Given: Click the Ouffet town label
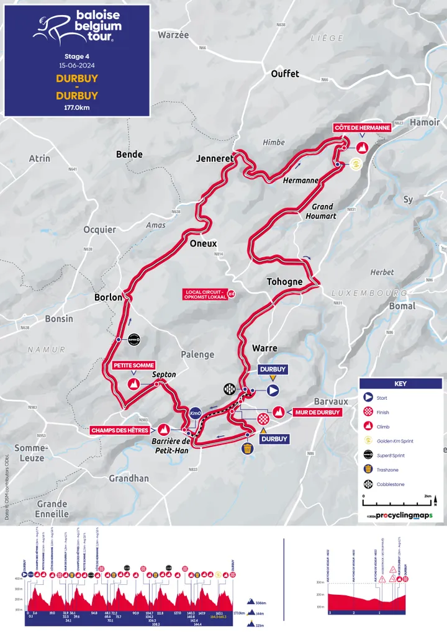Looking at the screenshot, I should click(x=285, y=74).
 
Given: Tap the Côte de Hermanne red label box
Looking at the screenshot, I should click(x=362, y=128).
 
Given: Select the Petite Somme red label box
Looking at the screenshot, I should click(x=133, y=366).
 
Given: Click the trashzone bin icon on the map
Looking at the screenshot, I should click(x=248, y=449).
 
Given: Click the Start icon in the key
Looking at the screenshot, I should click(x=368, y=397).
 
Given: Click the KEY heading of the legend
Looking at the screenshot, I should click(x=400, y=384).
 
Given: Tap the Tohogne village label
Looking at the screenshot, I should click(x=284, y=282).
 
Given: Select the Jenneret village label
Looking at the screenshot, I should click(x=214, y=158).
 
